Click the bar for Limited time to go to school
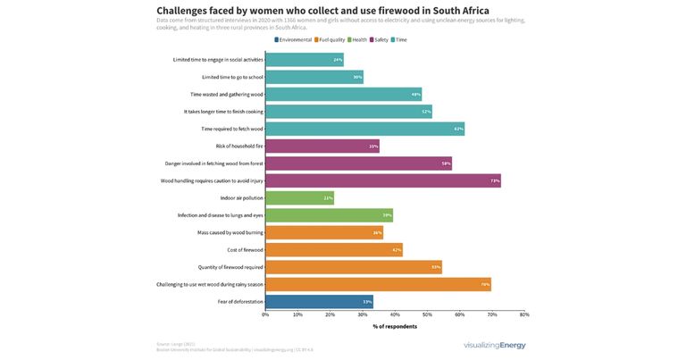(x=314, y=77)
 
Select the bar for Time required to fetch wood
(x=364, y=129)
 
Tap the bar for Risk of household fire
(x=322, y=146)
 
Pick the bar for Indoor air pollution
(x=299, y=197)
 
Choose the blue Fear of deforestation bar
(x=319, y=302)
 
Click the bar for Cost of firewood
(x=334, y=249)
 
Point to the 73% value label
(x=494, y=180)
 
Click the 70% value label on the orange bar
(x=485, y=284)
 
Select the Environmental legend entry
(x=293, y=40)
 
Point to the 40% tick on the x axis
(x=395, y=314)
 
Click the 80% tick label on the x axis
(x=524, y=314)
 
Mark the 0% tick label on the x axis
(x=265, y=314)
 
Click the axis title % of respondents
(x=394, y=327)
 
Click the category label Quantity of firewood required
(x=230, y=267)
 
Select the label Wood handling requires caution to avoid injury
(x=212, y=180)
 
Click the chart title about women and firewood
(x=322, y=11)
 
